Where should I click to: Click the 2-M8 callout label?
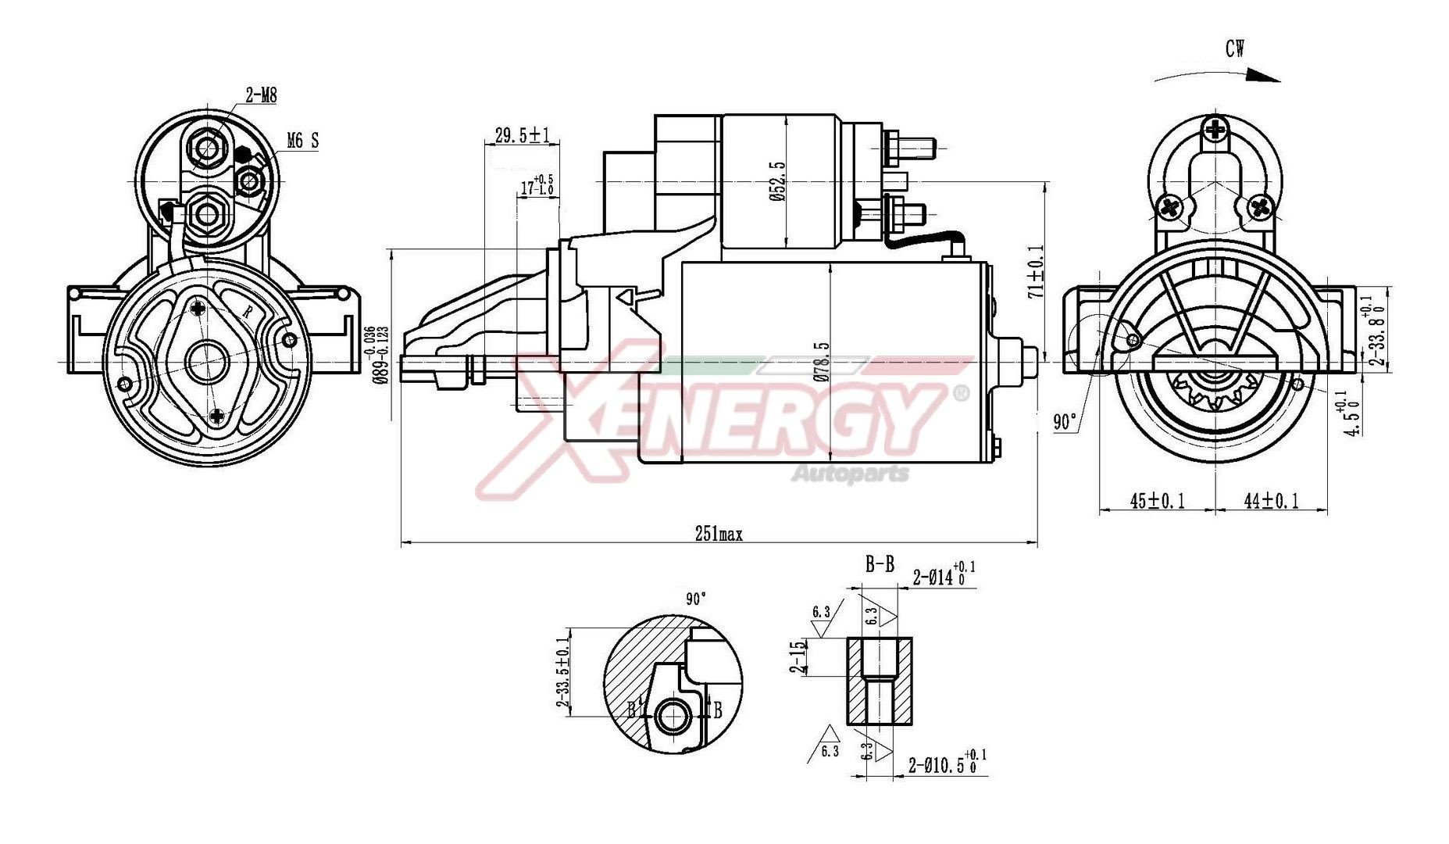click(x=261, y=95)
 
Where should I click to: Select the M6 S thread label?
click(x=302, y=141)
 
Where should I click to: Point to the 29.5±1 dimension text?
click(x=523, y=135)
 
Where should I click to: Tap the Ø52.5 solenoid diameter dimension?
click(x=776, y=182)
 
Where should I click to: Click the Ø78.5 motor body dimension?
click(x=822, y=361)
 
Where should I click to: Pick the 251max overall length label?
click(x=719, y=535)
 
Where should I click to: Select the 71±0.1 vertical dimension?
click(x=1036, y=271)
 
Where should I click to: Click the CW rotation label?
click(x=1235, y=48)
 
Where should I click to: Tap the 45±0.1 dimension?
click(x=1158, y=501)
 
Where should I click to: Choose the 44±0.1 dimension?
click(x=1272, y=501)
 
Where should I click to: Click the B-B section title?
click(x=880, y=563)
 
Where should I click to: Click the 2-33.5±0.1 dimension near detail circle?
click(x=562, y=672)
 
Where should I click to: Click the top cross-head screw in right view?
click(x=1216, y=129)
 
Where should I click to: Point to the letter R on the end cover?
click(x=248, y=311)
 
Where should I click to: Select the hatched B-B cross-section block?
click(x=880, y=680)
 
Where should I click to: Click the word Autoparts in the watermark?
click(x=851, y=474)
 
